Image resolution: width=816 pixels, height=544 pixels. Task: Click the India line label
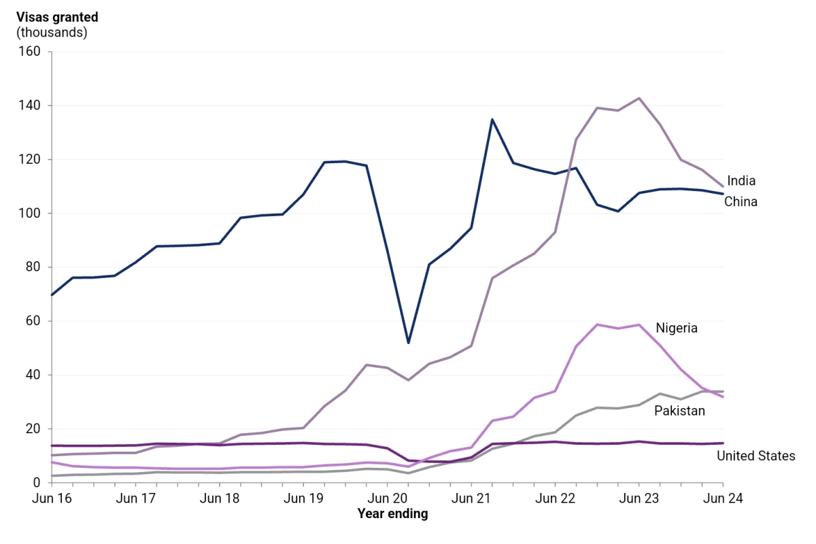tap(741, 181)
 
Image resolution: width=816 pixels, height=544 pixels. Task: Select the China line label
tap(741, 201)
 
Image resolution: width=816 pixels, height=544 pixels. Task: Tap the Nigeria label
tap(677, 328)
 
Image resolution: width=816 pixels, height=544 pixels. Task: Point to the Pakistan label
tap(679, 411)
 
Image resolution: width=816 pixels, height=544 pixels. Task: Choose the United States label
tap(755, 456)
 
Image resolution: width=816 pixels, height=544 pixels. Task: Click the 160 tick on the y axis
tap(31, 52)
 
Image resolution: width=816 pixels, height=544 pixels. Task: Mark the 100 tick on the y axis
tap(31, 214)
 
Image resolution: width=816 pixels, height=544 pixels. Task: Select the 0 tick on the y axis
tap(37, 483)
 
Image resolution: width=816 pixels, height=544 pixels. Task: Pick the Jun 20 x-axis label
tap(387, 498)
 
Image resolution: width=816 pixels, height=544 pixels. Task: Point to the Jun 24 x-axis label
tap(723, 498)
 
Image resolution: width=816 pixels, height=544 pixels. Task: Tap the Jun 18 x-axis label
tap(219, 498)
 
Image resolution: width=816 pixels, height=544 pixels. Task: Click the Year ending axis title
tap(392, 514)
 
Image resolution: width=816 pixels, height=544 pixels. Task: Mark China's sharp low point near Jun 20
tap(408, 343)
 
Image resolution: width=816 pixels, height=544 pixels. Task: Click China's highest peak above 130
tap(492, 120)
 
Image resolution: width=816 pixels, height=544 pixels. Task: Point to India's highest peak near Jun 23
tap(639, 98)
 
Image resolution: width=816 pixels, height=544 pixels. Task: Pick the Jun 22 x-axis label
tap(555, 498)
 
